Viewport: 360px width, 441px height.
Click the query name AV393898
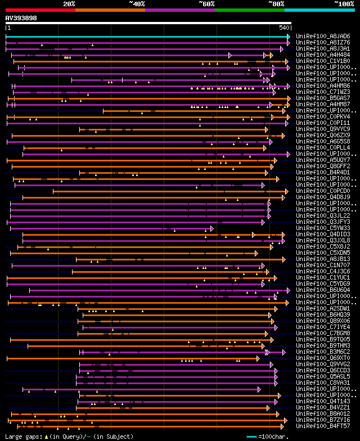tap(21, 18)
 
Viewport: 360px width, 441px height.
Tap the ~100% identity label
tap(343, 4)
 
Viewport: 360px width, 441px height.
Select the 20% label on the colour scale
tap(69, 4)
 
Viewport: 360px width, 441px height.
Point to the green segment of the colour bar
tap(249, 10)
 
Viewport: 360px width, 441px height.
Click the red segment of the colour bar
tap(40, 10)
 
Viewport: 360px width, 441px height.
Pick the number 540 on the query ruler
tap(283, 27)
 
